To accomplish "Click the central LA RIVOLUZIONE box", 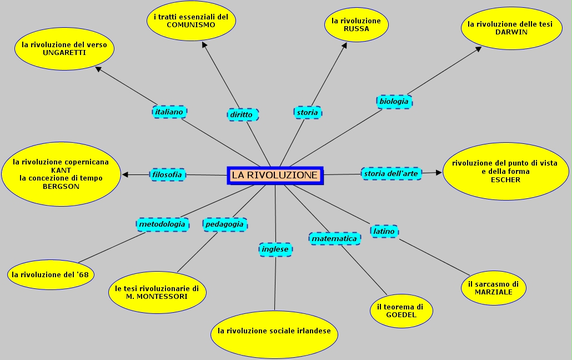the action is tap(275, 175).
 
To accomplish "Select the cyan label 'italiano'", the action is tap(169, 112).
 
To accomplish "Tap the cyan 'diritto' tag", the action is tap(243, 115).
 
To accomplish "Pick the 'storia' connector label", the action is tap(307, 113).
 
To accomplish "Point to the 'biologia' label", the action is tap(394, 102).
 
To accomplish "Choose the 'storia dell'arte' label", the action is tap(391, 173).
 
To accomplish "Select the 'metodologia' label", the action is tap(162, 224).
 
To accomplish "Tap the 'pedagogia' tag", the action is tap(224, 224).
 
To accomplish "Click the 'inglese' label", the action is tap(275, 249).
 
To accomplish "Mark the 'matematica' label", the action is tap(334, 238).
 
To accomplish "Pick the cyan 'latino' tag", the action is tap(384, 231).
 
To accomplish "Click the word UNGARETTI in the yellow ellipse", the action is tap(64, 53).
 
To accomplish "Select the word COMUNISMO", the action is tap(190, 25).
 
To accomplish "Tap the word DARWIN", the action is tap(511, 32).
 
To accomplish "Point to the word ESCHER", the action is tap(505, 179).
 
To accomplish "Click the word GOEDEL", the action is tap(401, 315).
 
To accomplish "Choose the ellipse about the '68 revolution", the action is tap(51, 274).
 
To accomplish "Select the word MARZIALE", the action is tap(493, 292).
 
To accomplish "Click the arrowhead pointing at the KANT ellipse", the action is tap(125, 174).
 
